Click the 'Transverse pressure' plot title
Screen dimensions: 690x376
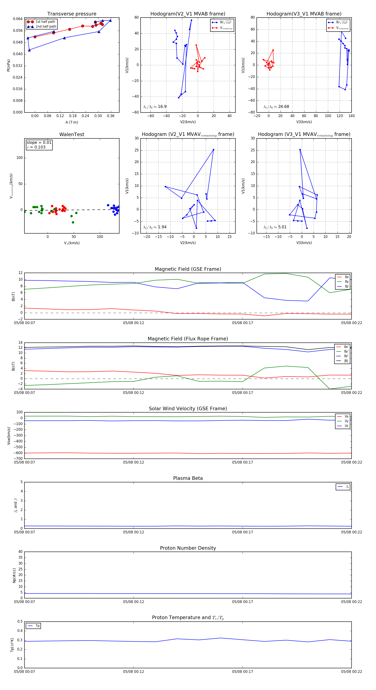72,14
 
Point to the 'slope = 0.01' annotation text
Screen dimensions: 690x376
39,143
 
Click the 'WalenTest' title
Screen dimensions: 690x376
72,134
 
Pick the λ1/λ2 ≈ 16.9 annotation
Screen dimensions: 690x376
155,107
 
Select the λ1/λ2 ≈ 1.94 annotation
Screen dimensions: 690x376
155,227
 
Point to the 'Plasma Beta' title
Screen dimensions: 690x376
188,478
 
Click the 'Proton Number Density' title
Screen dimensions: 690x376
188,548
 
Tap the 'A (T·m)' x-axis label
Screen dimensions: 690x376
72,122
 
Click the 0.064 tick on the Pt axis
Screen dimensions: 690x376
18,19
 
